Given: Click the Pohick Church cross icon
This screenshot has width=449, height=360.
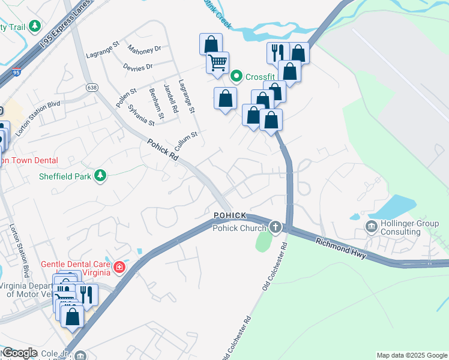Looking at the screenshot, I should coord(276,227).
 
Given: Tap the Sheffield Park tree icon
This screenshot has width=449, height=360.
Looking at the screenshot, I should coord(101,176).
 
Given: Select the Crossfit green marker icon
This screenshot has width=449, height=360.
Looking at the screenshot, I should coord(236,76).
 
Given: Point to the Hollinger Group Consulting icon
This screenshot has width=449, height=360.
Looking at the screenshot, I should coord(371,226).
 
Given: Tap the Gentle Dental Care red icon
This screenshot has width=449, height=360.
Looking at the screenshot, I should coord(119,266).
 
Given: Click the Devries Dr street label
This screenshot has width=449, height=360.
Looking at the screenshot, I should coord(137,66).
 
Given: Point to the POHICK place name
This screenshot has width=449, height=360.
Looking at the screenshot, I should coord(229,215).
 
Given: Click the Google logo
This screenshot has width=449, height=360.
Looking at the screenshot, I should coord(20,353).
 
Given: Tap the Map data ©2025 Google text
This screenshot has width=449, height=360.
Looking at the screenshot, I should coord(411,355).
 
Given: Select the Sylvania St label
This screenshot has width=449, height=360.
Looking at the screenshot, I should coord(141,115).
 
